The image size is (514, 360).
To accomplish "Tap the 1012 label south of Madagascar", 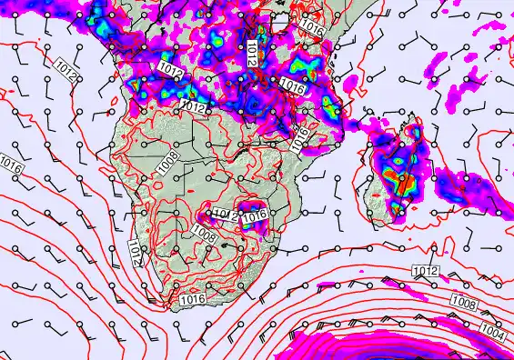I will (425, 271).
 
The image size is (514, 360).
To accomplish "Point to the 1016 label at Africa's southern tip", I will (192, 299).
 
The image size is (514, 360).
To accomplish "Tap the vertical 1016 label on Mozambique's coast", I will (301, 136).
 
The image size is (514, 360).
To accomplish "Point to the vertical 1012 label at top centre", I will (251, 52).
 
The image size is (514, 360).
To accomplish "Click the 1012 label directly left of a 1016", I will (225, 215).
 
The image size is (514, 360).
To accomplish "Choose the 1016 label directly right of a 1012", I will (257, 215).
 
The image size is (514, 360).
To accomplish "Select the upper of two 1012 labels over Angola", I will (169, 69).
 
